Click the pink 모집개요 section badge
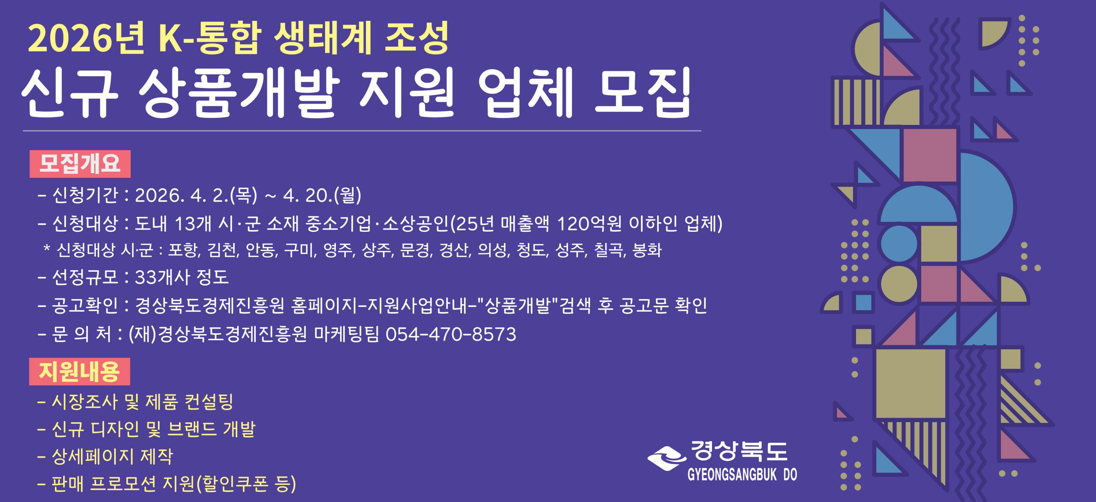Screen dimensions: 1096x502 click(x=80, y=164)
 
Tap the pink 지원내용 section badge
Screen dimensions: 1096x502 click(x=80, y=372)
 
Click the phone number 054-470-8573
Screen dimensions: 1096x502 click(x=451, y=334)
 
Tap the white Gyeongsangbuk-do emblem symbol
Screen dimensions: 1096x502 click(x=666, y=458)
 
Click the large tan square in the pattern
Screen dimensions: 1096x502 click(x=911, y=384)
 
